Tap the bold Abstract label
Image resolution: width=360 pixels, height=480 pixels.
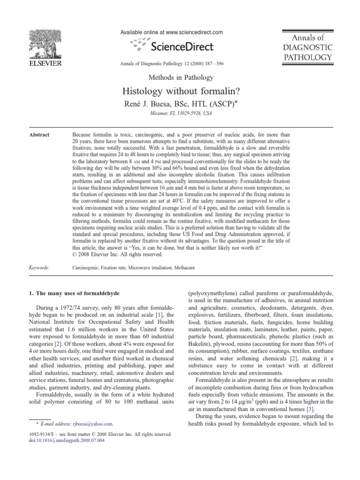(x=39, y=135)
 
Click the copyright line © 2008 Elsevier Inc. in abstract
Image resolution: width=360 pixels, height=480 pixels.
(x=118, y=255)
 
